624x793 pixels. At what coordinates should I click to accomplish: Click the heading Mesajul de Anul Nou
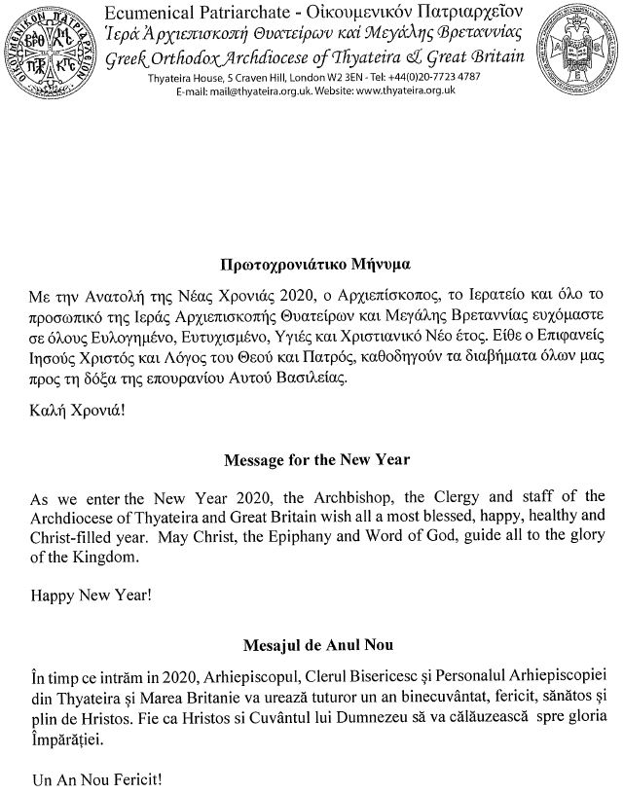pos(312,644)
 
